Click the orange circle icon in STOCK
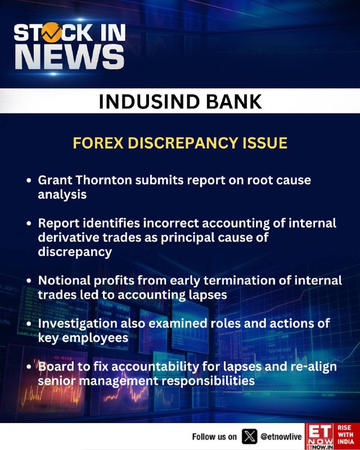point(52,33)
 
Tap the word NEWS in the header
point(70,57)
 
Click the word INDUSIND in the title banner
point(149,101)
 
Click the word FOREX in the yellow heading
point(98,143)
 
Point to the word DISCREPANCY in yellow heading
point(183,143)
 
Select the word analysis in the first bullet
point(62,195)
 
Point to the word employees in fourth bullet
point(95,338)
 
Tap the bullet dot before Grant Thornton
point(29,181)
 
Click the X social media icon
point(250,436)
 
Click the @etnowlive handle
point(281,437)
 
